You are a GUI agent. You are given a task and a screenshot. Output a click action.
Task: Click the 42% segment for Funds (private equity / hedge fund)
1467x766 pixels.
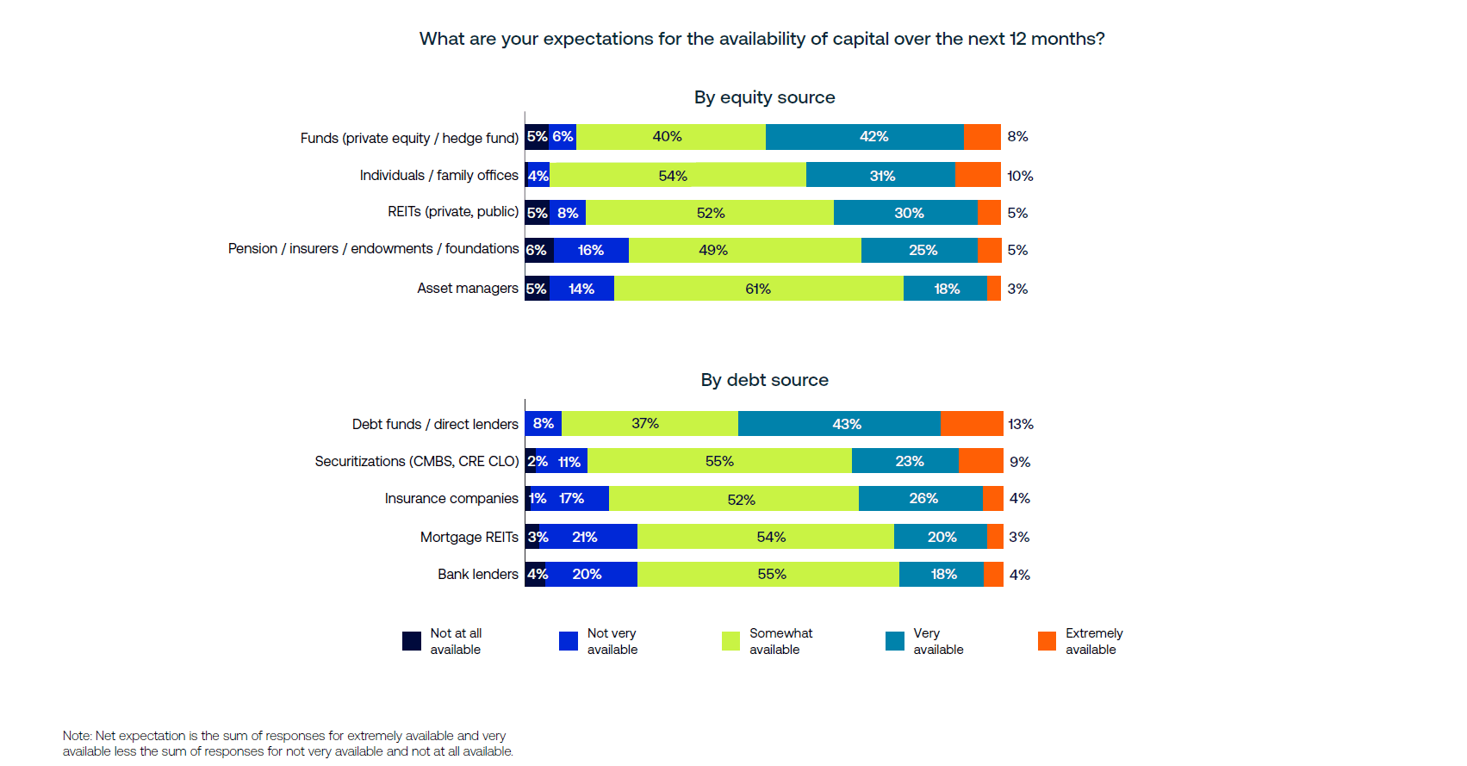(x=864, y=137)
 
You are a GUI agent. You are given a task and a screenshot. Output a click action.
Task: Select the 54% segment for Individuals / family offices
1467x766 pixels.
(x=677, y=175)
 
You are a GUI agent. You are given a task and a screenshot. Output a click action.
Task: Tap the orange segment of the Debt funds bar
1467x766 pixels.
(x=972, y=424)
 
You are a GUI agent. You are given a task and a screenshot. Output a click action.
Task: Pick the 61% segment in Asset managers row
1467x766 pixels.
(x=758, y=289)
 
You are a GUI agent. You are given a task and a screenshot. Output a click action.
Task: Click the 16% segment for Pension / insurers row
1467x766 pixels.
(x=591, y=250)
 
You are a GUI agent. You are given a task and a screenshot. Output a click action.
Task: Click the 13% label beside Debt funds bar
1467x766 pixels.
(x=1021, y=424)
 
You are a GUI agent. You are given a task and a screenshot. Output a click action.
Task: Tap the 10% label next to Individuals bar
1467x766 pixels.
(x=1021, y=176)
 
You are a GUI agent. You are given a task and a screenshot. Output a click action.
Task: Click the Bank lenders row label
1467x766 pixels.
(x=477, y=574)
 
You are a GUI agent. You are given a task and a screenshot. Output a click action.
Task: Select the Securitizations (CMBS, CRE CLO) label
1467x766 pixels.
(x=416, y=461)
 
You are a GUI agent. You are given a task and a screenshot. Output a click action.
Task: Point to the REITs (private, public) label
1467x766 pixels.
(x=452, y=212)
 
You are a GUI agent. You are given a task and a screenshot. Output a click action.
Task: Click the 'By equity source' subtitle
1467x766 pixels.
(x=764, y=97)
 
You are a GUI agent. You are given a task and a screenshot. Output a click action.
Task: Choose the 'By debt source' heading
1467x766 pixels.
(x=764, y=380)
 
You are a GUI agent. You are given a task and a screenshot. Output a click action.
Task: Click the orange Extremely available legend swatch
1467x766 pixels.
(x=1047, y=641)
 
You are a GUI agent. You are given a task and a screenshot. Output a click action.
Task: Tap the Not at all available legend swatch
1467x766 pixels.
(x=412, y=641)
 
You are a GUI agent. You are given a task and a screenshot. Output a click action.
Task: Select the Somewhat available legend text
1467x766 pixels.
(x=780, y=641)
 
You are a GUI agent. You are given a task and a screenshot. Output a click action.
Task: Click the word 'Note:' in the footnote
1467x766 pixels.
(x=78, y=736)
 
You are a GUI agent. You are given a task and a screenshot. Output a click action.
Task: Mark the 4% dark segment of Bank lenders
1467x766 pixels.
(x=536, y=574)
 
